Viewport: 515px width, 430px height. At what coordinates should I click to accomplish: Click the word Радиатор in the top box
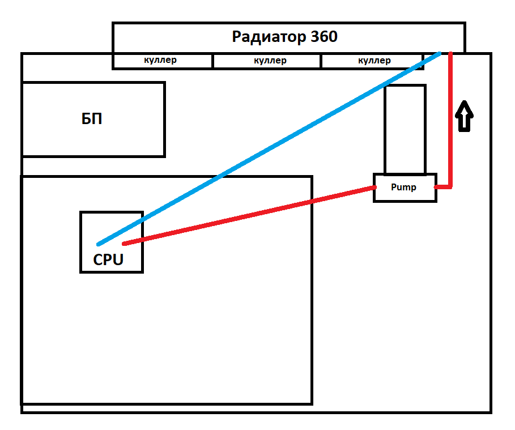269,37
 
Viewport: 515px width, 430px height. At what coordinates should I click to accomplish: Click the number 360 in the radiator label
324,37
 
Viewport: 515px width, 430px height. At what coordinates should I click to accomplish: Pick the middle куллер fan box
270,61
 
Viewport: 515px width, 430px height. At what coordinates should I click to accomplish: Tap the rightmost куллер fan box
374,61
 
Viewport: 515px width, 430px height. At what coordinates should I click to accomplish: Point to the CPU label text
108,260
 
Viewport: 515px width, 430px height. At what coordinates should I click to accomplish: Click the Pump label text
404,188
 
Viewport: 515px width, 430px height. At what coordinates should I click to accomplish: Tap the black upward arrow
465,116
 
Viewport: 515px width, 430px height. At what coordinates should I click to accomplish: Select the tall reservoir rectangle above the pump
405,129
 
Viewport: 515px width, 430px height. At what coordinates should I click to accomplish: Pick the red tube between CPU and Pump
249,215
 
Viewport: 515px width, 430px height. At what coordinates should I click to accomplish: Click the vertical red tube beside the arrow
451,119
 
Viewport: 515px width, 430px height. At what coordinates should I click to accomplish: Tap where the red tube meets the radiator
451,54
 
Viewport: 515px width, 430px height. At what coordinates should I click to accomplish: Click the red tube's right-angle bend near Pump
450,186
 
